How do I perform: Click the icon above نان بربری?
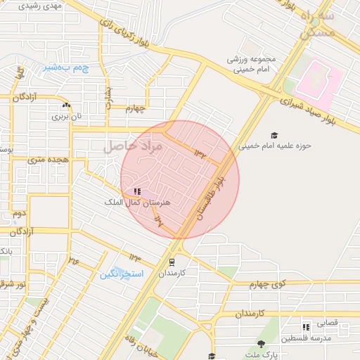tap(65, 105)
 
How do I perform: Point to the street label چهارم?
tap(135, 109)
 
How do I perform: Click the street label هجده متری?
tap(47, 160)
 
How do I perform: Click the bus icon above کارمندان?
tap(172, 262)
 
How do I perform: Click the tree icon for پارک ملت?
tap(261, 344)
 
